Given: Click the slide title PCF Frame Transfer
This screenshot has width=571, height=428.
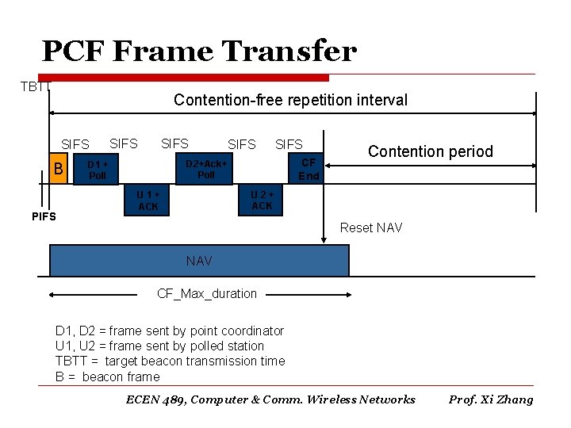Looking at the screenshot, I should point(199,52).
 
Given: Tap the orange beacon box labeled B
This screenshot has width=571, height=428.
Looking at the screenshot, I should point(57,168).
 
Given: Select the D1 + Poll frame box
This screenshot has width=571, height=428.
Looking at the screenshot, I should point(98,169).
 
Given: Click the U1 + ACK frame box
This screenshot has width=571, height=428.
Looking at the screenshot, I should point(148,201).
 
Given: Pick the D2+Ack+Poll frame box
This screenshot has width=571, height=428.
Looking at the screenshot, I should point(206,169).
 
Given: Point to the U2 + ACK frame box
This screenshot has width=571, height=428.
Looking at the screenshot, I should point(262,201).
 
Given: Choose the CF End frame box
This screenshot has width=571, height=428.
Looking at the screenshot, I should point(308,169).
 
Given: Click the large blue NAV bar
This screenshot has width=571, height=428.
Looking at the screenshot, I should point(199,260).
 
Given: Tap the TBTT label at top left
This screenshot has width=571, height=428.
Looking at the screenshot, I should point(36,86).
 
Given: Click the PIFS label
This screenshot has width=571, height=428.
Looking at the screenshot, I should point(44,216).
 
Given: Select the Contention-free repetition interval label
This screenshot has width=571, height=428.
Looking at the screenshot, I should point(290,100).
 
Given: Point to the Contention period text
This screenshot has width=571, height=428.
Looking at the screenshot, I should point(430,151).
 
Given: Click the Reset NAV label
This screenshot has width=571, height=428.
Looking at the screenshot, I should point(370,228).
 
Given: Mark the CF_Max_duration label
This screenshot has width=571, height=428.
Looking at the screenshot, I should point(207,293).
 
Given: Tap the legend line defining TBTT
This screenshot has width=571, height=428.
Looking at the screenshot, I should point(170,361).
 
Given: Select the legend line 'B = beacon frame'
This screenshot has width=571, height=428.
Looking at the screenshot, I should point(107,376).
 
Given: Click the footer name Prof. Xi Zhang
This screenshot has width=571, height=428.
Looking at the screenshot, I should point(491,399).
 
